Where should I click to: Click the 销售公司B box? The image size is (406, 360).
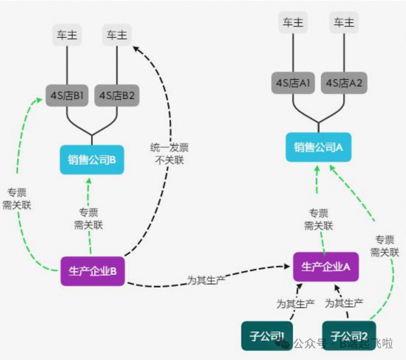point(92,160)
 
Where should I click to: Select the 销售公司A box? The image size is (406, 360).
point(318,147)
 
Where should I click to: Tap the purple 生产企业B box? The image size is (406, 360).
point(93,271)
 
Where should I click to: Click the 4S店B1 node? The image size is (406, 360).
point(67,96)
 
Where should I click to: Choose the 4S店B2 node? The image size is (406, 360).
point(117,96)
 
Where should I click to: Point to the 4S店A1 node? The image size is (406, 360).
point(293,83)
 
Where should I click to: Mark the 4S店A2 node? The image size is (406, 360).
point(344,83)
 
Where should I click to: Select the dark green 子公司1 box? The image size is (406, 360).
point(267,335)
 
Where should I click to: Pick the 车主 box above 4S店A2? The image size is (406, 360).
point(344,22)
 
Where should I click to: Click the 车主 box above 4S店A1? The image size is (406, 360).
point(293,22)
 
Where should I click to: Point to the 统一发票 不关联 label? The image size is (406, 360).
point(169,155)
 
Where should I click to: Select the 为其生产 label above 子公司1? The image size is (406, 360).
point(295,304)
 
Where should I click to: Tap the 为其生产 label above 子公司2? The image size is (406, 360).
point(344,303)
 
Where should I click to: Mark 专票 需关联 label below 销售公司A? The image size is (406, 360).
point(319,220)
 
